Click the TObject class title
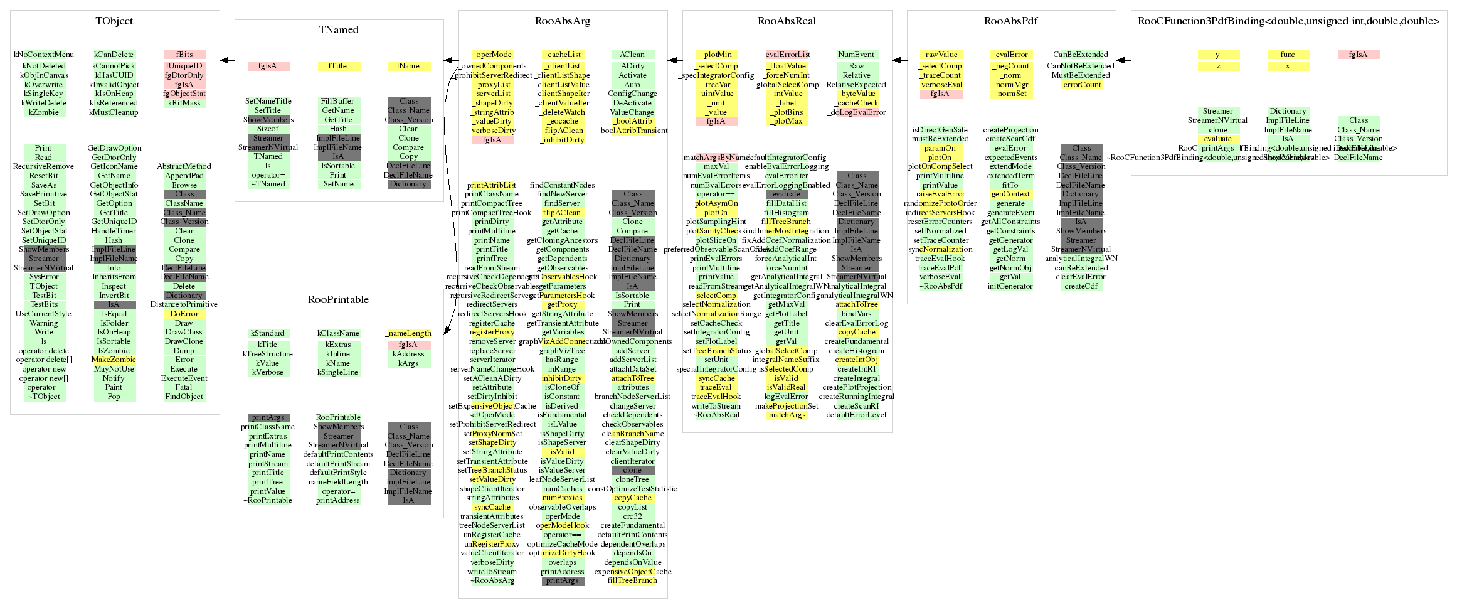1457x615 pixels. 114,21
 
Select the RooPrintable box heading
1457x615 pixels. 338,300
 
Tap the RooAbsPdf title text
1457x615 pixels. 1010,21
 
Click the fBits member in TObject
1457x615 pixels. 184,55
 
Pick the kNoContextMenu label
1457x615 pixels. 44,55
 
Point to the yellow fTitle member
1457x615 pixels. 338,66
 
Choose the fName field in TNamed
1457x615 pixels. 408,66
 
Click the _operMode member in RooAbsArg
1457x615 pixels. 492,55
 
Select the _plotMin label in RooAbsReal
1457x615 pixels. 716,55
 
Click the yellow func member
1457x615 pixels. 1288,55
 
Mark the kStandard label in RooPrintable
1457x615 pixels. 268,333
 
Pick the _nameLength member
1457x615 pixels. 408,333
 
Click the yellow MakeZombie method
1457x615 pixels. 114,360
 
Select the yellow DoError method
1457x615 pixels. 184,314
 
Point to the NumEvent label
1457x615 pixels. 856,55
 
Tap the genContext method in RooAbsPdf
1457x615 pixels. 1010,194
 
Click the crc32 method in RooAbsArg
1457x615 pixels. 632,516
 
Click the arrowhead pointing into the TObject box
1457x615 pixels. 223,61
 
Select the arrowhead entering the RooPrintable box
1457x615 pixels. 447,331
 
